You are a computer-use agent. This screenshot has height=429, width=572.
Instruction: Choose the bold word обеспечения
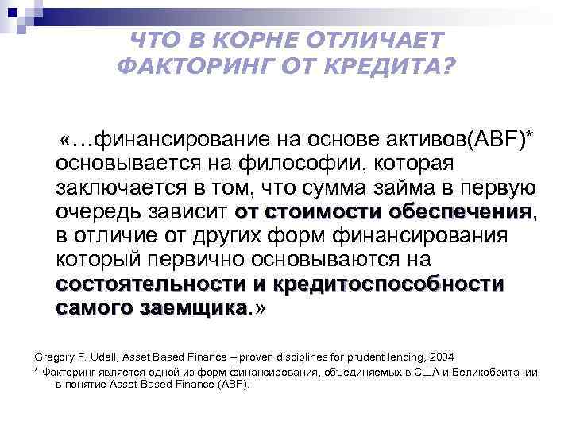pyautogui.click(x=460, y=212)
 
